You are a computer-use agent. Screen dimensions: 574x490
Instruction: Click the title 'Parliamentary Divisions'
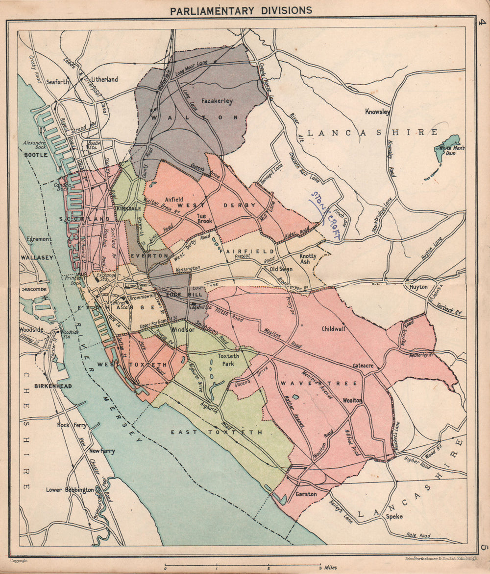tap(241, 10)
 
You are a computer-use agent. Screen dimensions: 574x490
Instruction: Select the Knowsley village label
tap(377, 112)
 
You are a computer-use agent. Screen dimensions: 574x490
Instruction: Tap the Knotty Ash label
tap(308, 259)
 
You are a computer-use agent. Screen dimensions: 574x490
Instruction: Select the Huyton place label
tap(418, 287)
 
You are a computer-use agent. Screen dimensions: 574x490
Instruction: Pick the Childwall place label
tap(334, 329)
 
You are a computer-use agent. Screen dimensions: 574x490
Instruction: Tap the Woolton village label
tap(352, 400)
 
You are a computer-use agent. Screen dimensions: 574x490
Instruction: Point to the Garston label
tap(306, 494)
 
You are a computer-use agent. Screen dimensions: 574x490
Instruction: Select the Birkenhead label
tap(53, 386)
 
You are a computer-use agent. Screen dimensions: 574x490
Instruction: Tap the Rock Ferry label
tap(72, 425)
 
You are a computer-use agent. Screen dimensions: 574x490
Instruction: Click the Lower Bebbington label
tap(70, 489)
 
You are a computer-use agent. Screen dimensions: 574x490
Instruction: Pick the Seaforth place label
tap(58, 82)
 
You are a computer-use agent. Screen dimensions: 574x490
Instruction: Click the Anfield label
tap(174, 199)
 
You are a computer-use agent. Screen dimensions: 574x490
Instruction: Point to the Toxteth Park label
tap(228, 359)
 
